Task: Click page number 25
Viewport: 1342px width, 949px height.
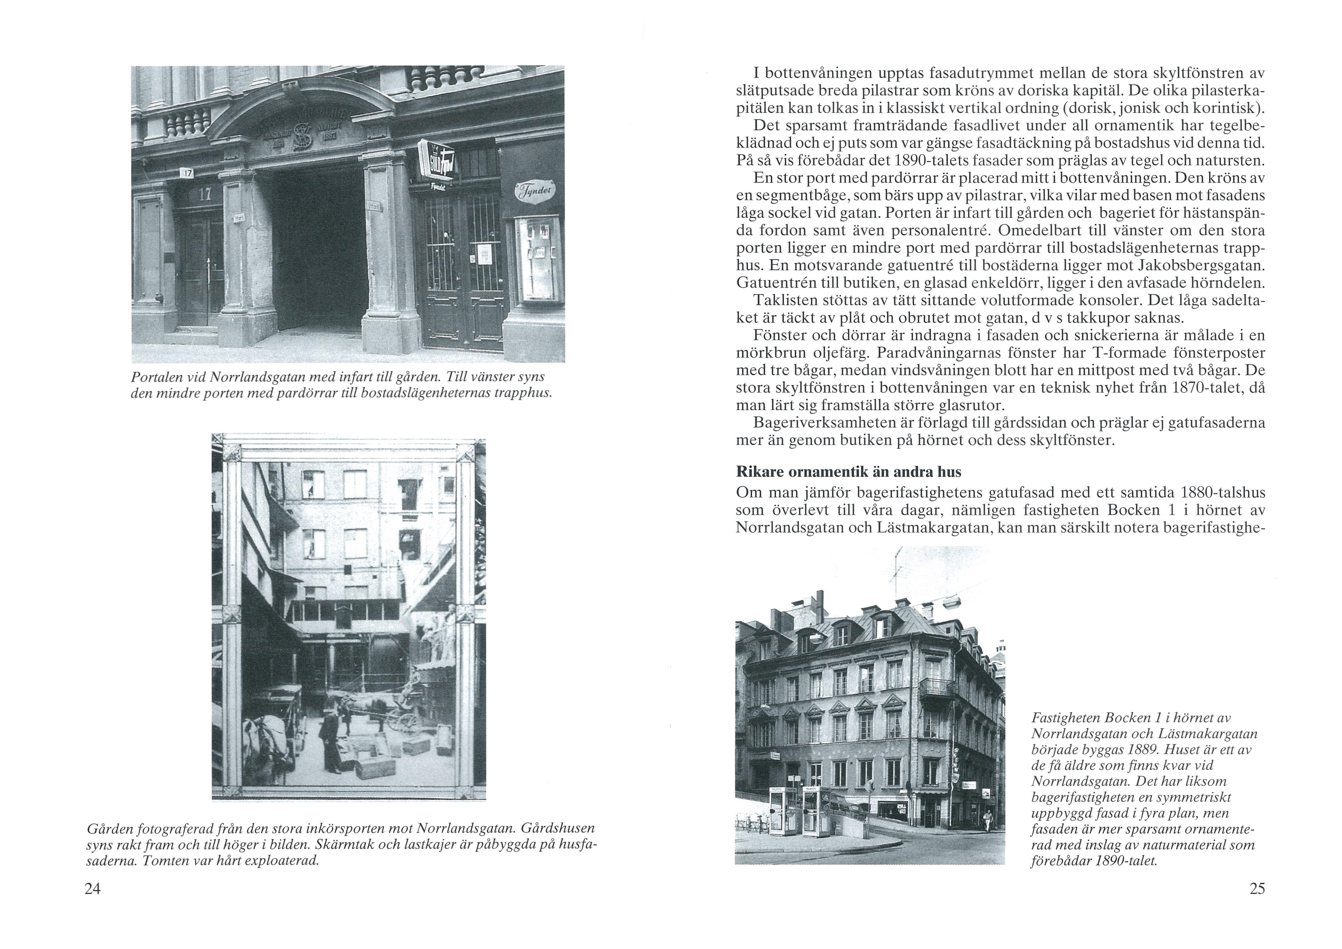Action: pos(1257,889)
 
